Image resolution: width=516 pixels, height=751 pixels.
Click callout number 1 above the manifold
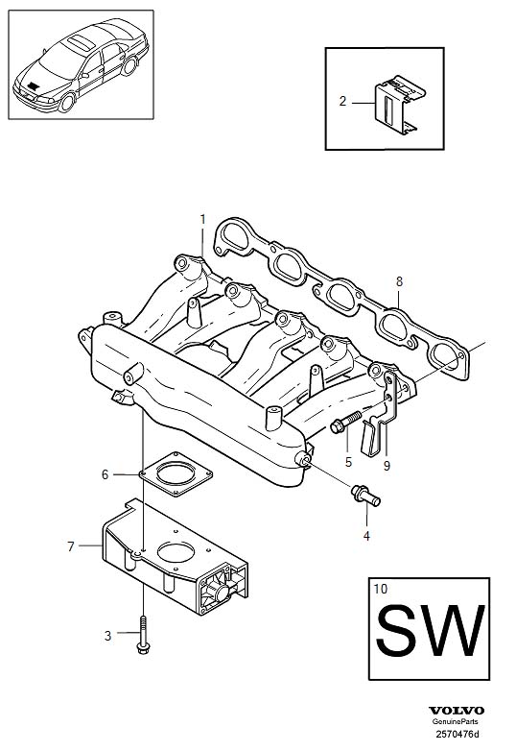[202, 220]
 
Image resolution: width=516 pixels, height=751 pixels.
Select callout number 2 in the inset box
[341, 100]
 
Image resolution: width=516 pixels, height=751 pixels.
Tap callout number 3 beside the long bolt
[108, 635]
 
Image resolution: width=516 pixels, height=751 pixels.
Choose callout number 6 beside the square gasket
[106, 473]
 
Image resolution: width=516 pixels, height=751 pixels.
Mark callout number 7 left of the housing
[71, 546]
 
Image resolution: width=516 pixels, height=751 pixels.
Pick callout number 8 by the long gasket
[399, 281]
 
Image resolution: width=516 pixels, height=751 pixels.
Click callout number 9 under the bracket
[387, 467]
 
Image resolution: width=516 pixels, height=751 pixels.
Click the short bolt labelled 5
[347, 422]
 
